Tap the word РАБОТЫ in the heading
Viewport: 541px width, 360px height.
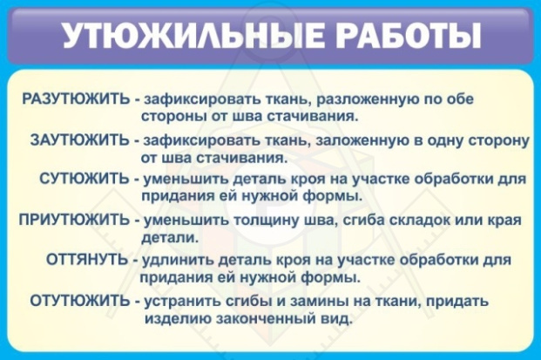pos(408,37)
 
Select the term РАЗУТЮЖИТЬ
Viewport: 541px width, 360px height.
pos(76,99)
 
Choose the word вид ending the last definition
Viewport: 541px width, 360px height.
pos(337,319)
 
